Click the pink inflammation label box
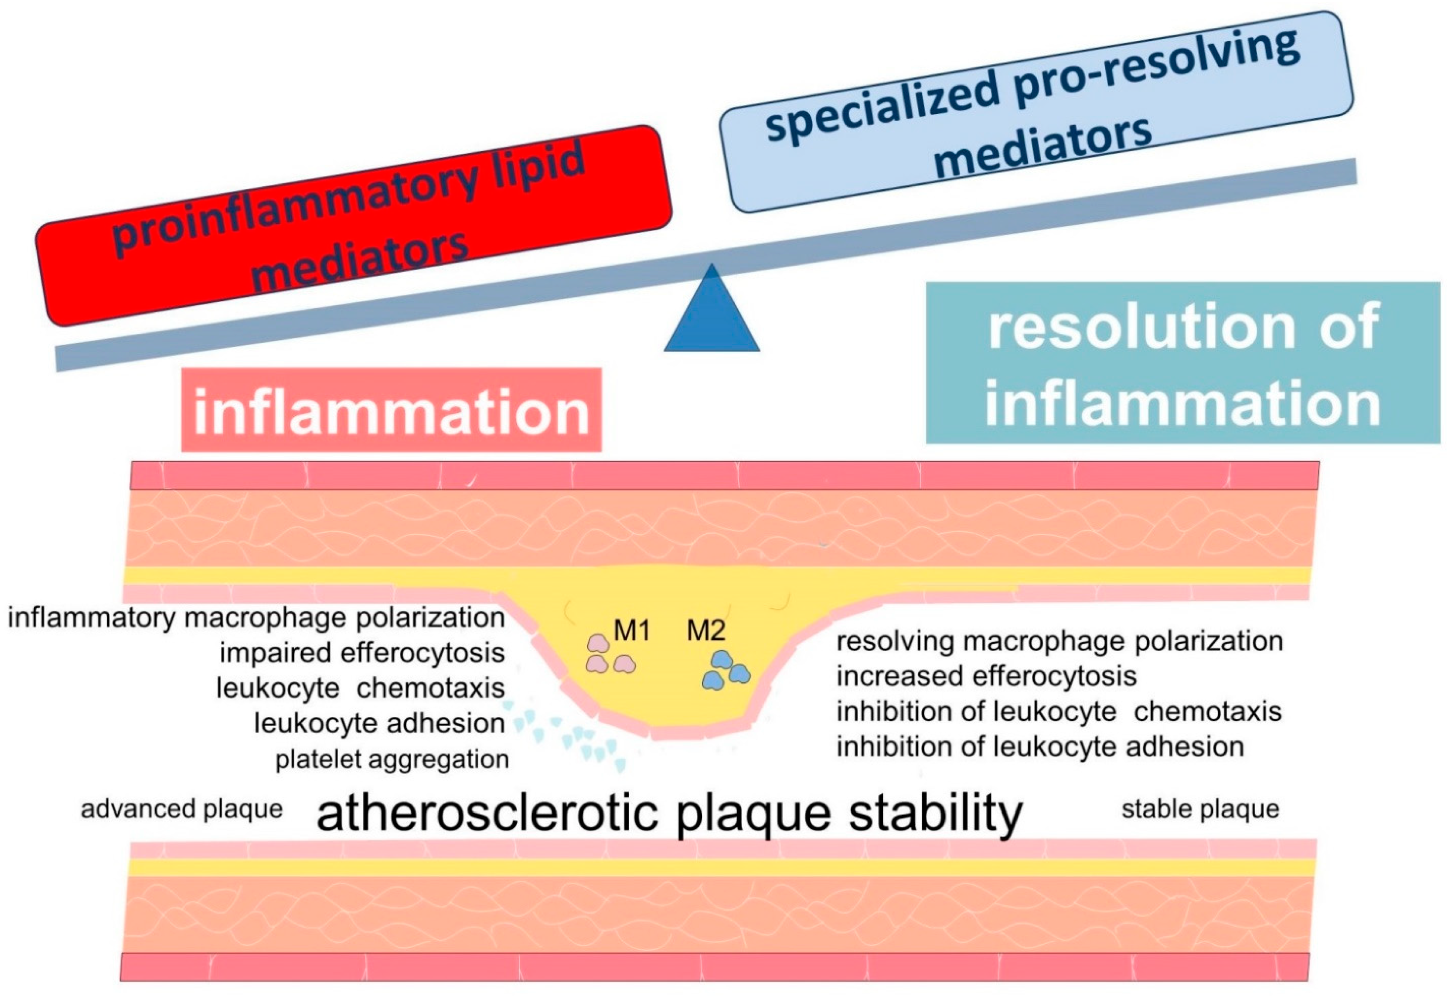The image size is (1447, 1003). pos(391,410)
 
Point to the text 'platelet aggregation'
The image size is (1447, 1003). pos(392,759)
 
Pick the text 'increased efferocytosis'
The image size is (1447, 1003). pos(986,676)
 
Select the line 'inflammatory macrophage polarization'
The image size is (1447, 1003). pos(256,618)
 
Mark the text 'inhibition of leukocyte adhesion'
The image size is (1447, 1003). pos(1040,747)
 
